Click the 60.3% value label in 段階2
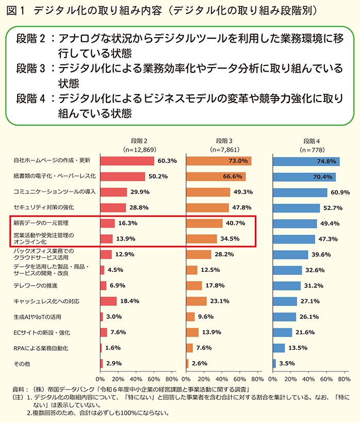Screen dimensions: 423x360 (x=167, y=161)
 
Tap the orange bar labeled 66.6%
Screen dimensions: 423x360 (x=216, y=176)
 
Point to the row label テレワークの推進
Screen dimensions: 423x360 (x=36, y=285)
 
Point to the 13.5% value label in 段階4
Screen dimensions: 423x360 (x=296, y=348)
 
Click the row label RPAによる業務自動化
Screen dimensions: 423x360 (x=41, y=348)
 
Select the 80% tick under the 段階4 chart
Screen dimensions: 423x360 (x=343, y=379)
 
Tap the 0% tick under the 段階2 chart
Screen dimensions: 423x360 (x=101, y=379)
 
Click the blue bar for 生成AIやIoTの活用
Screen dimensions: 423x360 (x=284, y=317)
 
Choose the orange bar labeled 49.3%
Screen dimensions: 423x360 (x=208, y=192)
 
